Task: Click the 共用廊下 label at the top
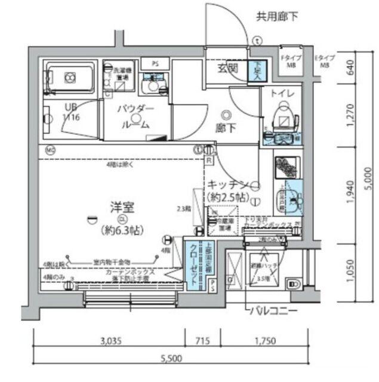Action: coord(276,16)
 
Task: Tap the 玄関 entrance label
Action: coord(228,68)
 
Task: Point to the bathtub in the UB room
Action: coord(69,78)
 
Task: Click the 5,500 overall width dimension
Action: coord(171,359)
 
